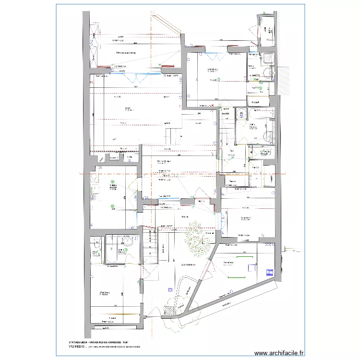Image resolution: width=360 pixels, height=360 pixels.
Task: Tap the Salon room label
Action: coord(128,108)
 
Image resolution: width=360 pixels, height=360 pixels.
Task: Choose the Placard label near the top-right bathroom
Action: coord(255,102)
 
